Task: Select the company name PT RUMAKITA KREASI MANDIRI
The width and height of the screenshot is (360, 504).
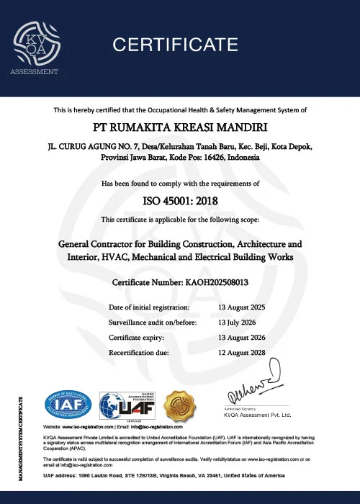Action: point(181,128)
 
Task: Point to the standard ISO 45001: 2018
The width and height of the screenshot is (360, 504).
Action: point(181,201)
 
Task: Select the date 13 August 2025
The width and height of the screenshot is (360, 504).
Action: point(241,307)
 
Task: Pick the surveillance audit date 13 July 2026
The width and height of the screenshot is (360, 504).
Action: point(238,323)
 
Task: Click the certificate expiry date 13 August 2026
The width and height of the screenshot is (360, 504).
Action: point(241,338)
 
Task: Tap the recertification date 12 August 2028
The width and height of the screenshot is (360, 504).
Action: point(241,353)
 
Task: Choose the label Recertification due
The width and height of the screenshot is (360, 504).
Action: point(139,353)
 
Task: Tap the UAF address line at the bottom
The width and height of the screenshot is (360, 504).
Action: point(180,477)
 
